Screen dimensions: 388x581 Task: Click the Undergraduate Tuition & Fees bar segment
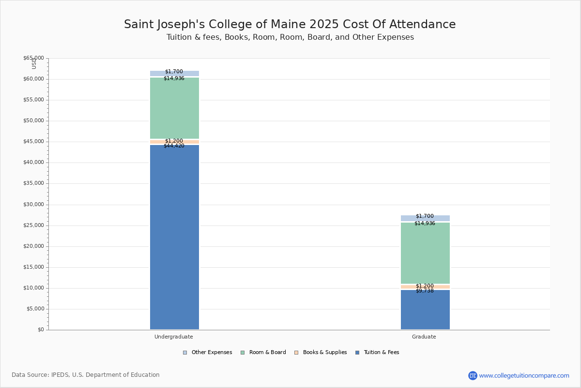point(174,238)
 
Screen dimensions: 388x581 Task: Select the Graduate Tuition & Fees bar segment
point(425,310)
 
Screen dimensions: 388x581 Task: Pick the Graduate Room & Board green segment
point(425,254)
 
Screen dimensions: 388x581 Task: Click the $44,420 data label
point(174,146)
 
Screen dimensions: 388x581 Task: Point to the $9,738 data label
point(425,291)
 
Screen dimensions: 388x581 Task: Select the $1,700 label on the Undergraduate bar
point(174,72)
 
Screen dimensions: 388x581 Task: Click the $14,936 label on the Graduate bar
point(425,224)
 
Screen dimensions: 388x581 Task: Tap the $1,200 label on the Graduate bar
point(425,286)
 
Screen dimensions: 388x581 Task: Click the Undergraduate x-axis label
point(174,337)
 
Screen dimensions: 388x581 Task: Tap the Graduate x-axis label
point(424,337)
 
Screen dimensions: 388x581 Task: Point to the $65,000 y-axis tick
point(33,58)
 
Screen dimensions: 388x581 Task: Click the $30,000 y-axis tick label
point(33,205)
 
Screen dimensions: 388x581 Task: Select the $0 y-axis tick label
point(40,330)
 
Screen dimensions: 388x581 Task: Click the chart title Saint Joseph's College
point(290,25)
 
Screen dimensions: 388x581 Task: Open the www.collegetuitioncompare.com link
point(524,375)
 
